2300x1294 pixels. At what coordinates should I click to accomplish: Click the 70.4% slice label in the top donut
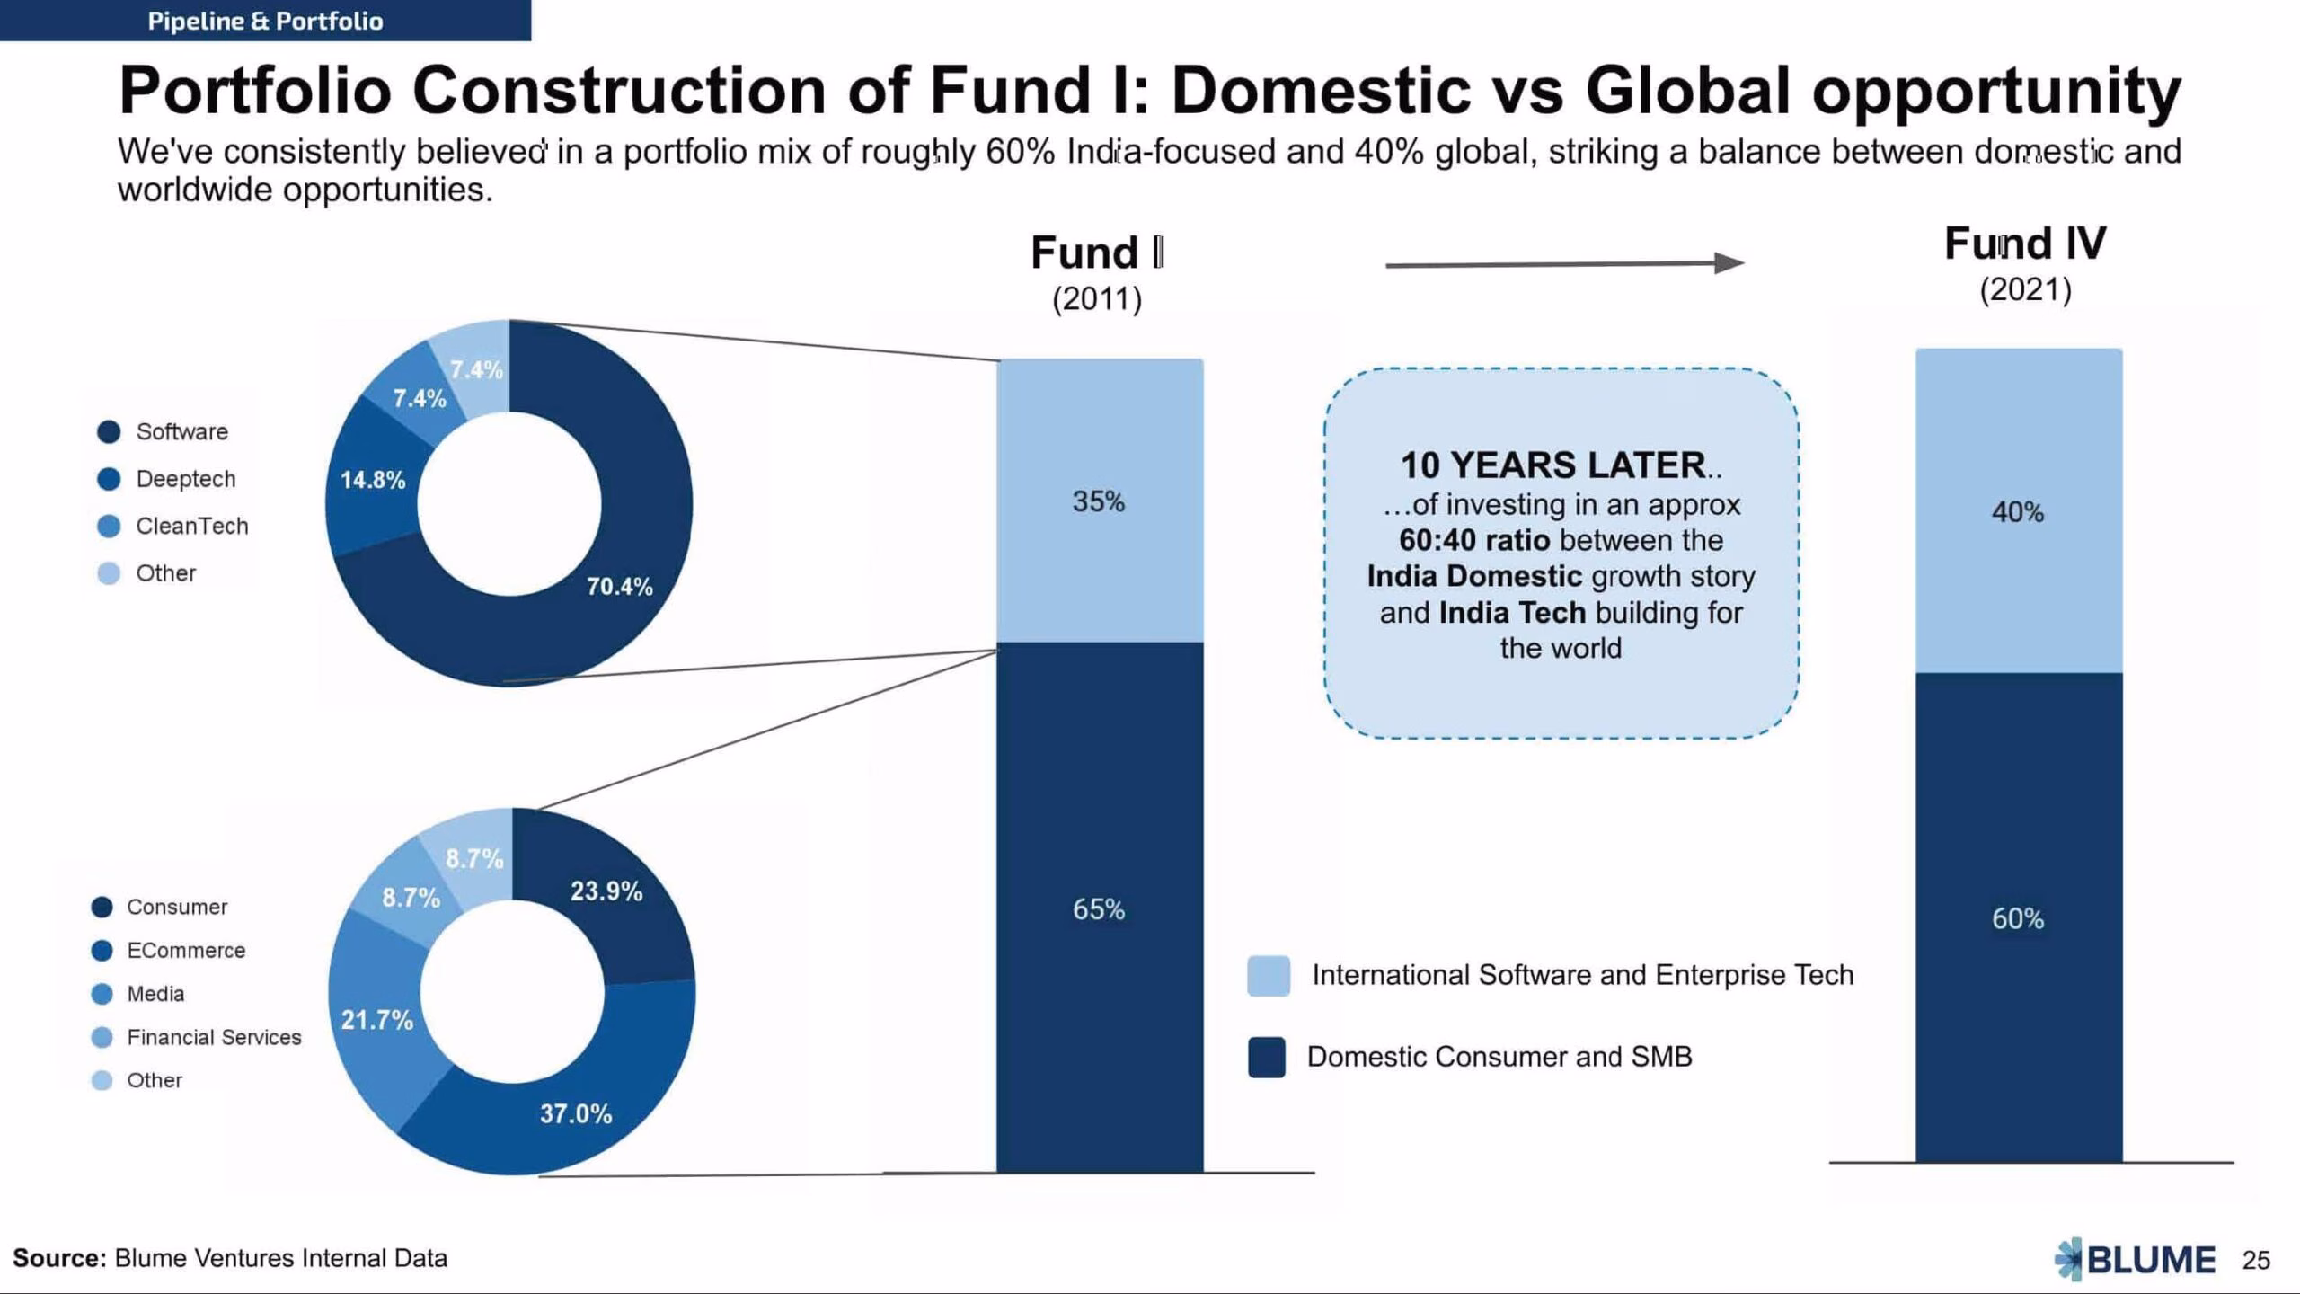point(619,587)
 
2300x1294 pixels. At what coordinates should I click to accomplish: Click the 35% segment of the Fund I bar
point(1100,501)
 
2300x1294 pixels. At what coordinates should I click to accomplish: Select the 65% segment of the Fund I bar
point(1100,908)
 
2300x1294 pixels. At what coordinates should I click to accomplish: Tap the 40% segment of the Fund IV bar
point(2019,510)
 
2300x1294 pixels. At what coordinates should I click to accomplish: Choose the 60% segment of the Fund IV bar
point(2019,917)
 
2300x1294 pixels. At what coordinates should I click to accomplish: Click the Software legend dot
point(109,431)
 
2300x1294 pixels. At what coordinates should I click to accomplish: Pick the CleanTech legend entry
point(172,526)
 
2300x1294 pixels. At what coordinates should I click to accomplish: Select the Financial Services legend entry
point(197,1037)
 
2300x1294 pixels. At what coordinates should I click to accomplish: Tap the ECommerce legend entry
point(169,950)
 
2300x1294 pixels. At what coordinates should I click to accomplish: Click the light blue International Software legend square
point(1269,976)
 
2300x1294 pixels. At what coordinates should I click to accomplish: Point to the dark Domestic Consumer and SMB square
point(1267,1057)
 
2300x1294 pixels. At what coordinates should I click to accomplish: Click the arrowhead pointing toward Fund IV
point(1729,262)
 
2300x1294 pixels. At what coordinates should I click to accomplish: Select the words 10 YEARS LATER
point(1553,465)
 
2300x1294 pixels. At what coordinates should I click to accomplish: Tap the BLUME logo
point(2135,1259)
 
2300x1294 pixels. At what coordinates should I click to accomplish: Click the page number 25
point(2256,1260)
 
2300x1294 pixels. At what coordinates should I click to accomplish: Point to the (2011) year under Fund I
point(1097,298)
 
